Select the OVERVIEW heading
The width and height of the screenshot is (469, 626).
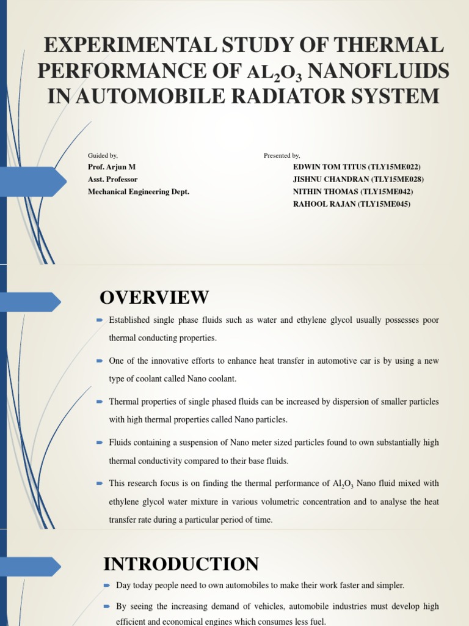tap(154, 298)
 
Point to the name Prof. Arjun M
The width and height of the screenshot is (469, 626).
tap(112, 167)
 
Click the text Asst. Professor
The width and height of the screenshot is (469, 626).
tap(113, 179)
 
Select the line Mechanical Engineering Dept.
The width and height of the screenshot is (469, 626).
tap(139, 191)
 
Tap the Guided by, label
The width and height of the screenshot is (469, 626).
tap(103, 155)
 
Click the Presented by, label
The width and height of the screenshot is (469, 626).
tap(282, 155)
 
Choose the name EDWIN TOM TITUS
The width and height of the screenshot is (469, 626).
tap(330, 167)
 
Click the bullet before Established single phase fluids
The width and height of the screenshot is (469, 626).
tap(100, 320)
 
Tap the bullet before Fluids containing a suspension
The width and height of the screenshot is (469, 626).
tap(100, 443)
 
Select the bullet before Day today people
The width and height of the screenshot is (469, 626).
tap(107, 586)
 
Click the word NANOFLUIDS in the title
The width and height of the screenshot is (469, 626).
tap(380, 71)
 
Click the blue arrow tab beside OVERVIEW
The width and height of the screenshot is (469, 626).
tap(31, 301)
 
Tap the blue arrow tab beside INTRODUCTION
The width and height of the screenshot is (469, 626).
tap(31, 567)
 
